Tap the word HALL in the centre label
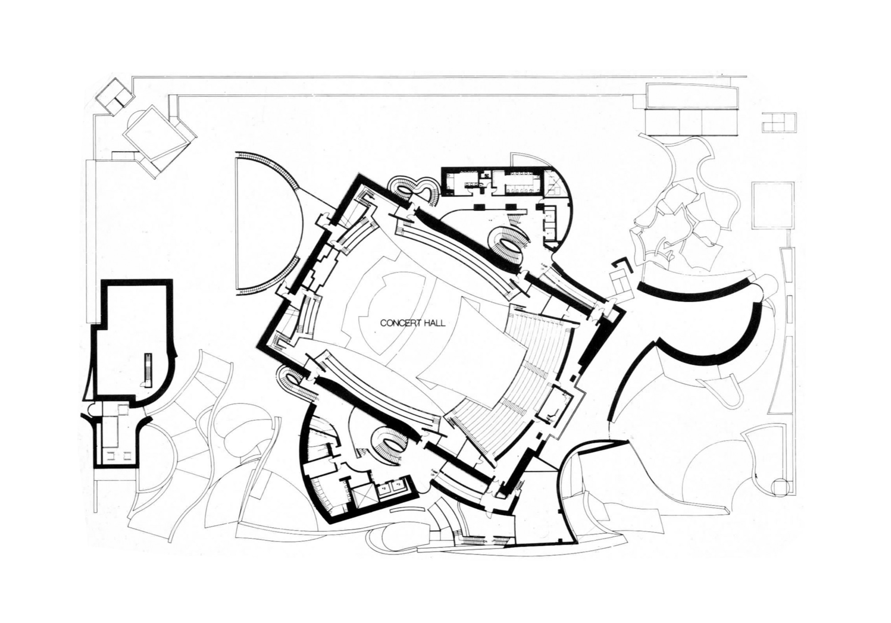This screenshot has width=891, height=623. tap(436, 324)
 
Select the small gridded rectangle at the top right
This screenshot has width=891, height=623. tap(779, 122)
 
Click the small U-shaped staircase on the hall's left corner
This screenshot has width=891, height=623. tap(288, 378)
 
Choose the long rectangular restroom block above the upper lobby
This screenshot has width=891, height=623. tap(494, 181)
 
